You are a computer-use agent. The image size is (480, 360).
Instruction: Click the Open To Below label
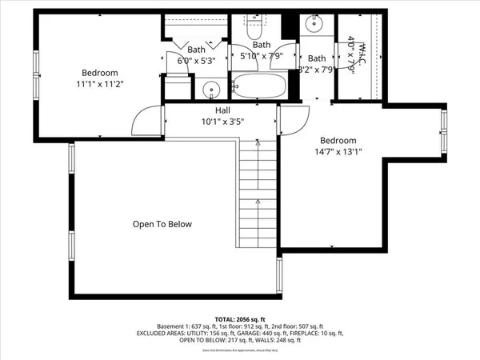tap(162, 224)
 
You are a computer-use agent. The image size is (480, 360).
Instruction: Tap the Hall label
tap(223, 110)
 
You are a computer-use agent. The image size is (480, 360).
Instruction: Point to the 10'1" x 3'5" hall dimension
tap(223, 122)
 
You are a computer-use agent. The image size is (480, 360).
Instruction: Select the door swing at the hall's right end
tap(292, 122)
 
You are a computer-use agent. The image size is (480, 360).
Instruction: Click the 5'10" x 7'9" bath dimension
tap(262, 56)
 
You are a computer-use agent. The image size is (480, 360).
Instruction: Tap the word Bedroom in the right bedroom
tap(338, 140)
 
